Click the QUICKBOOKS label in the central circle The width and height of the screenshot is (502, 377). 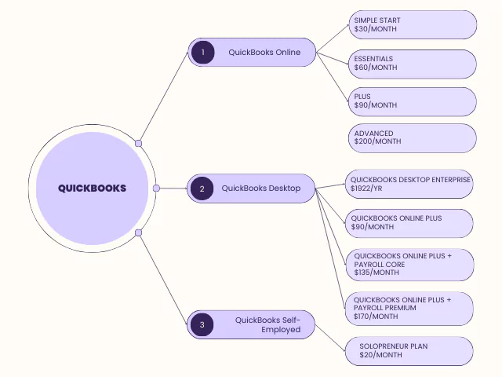(92, 188)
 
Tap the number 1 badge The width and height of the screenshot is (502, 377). (202, 53)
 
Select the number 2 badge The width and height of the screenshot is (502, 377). (202, 188)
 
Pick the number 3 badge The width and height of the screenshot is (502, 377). (202, 324)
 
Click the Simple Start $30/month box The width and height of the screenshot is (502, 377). (413, 24)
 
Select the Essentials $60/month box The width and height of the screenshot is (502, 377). (413, 64)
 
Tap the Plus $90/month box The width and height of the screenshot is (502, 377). (413, 101)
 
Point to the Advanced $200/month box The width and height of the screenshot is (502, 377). (413, 138)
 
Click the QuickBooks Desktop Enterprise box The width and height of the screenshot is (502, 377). (409, 184)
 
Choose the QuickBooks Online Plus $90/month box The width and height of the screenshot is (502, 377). (409, 222)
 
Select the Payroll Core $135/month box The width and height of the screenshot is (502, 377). (409, 265)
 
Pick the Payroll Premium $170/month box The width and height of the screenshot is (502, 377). (409, 308)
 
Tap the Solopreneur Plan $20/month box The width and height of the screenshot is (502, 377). (409, 350)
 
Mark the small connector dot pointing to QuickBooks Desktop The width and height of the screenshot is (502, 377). (157, 188)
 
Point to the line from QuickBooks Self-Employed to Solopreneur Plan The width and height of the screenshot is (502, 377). (329, 338)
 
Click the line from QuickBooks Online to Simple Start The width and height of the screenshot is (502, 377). (332, 38)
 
